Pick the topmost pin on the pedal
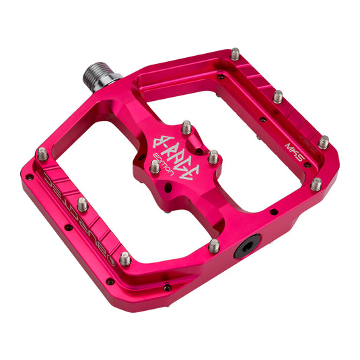(x=236, y=53)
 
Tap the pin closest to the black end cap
(x=213, y=245)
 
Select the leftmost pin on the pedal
(x=42, y=154)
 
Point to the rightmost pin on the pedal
(x=324, y=141)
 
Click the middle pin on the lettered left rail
(x=82, y=203)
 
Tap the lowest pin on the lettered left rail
(x=125, y=257)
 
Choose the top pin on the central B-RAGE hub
(x=186, y=127)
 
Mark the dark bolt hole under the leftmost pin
(x=30, y=177)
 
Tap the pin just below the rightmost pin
(x=316, y=183)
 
